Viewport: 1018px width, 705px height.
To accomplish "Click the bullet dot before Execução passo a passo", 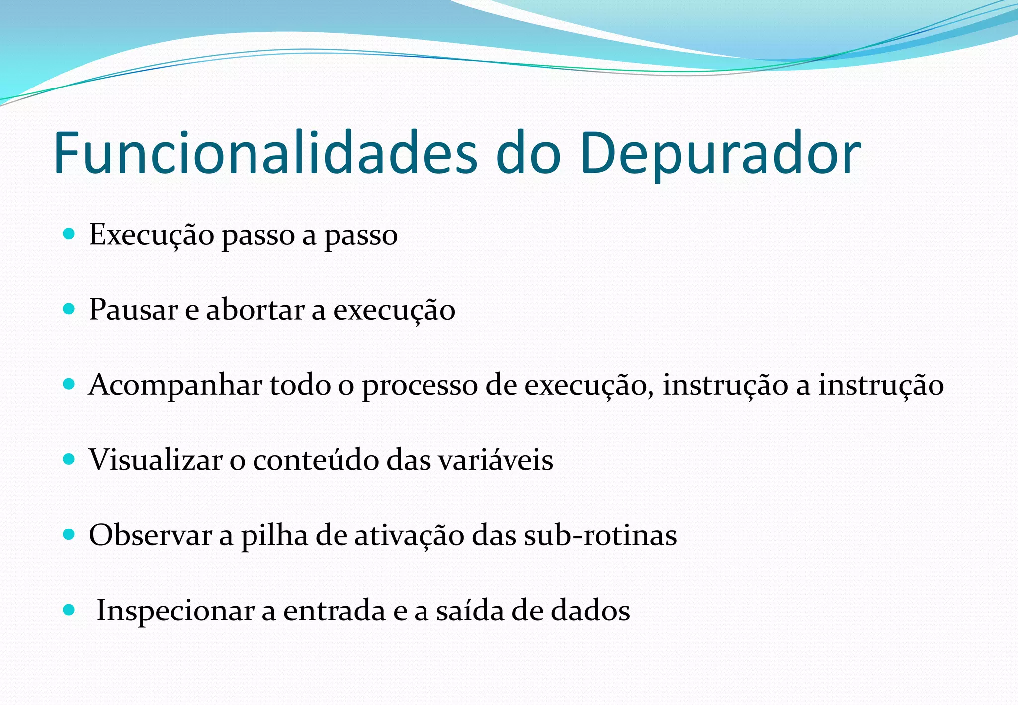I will pyautogui.click(x=69, y=234).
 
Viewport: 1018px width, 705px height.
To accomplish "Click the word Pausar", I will pyautogui.click(x=134, y=310).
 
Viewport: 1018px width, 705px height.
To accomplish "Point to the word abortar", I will pyautogui.click(x=255, y=310).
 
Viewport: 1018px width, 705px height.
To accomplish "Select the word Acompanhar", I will pyautogui.click(x=175, y=386).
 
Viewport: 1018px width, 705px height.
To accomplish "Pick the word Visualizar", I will pyautogui.click(x=156, y=459).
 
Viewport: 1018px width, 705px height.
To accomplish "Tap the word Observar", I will pyautogui.click(x=151, y=535).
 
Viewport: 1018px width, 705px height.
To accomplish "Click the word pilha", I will pyautogui.click(x=274, y=536).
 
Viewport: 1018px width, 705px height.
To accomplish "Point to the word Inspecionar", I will pyautogui.click(x=175, y=611).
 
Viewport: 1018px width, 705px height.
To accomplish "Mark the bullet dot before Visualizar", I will pyautogui.click(x=69, y=459).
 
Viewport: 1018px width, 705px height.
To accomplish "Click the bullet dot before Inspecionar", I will pyautogui.click(x=69, y=610).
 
